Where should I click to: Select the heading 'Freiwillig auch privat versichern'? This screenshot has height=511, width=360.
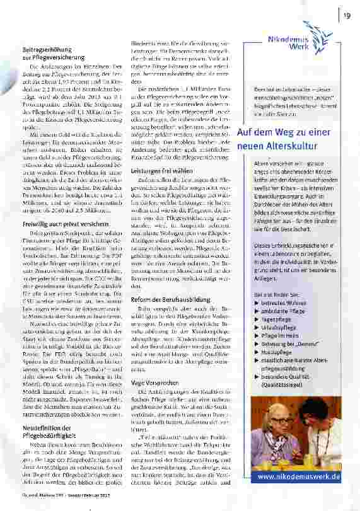59,223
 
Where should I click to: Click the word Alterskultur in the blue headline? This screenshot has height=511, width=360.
296,147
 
